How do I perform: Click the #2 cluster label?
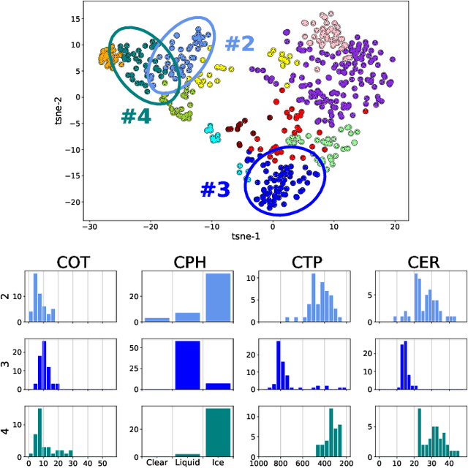[x=239, y=44]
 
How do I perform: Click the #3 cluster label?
[x=215, y=189]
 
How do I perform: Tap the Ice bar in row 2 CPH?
[x=218, y=298]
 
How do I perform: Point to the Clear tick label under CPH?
[x=156, y=462]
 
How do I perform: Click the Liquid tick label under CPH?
[x=187, y=462]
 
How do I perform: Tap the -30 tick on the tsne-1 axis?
[x=90, y=227]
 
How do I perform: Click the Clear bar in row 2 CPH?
[x=156, y=320]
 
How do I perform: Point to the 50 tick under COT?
[x=102, y=462]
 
